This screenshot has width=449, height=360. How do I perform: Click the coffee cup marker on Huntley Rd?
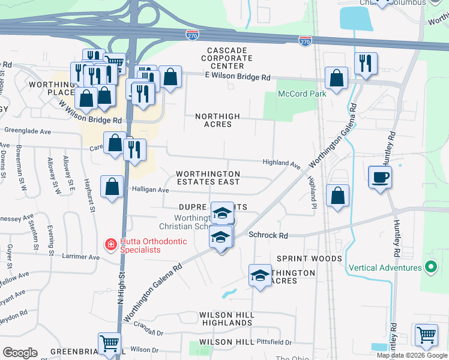coord(381,177)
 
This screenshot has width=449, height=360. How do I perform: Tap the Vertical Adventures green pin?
coord(430,267)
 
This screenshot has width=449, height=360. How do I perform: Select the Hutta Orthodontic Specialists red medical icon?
coord(110,245)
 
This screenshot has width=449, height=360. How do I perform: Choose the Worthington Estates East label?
coord(208,178)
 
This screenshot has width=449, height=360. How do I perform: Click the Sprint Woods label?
coord(309,259)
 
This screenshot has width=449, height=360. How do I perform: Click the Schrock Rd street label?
coord(268,235)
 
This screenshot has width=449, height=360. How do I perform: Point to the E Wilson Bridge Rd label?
coord(238,77)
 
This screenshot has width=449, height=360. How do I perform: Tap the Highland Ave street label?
coord(281,163)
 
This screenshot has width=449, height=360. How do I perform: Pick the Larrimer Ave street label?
coord(80,256)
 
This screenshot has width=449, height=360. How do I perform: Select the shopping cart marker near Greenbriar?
coord(109,343)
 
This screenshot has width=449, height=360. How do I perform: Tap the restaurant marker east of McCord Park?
coord(365,63)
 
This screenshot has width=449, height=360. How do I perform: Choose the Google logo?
coord(20,353)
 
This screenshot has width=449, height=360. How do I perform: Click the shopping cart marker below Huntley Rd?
coord(426,334)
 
